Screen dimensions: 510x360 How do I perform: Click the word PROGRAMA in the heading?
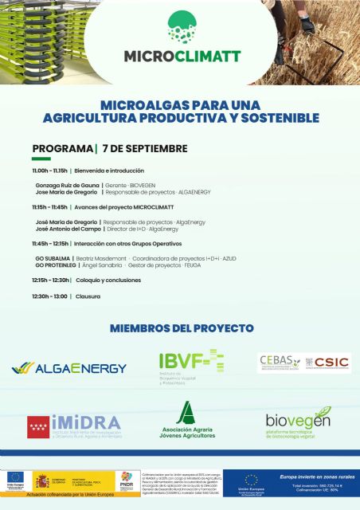point(62,149)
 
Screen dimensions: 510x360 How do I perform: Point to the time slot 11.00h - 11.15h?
point(50,171)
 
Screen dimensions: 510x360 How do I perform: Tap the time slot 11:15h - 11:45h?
point(50,207)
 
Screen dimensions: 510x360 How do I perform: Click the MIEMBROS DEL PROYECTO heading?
point(182,328)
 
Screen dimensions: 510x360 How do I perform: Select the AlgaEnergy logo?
point(69,368)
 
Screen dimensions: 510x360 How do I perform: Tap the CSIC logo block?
point(303,363)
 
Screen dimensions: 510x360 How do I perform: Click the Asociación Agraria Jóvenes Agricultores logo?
point(184,422)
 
